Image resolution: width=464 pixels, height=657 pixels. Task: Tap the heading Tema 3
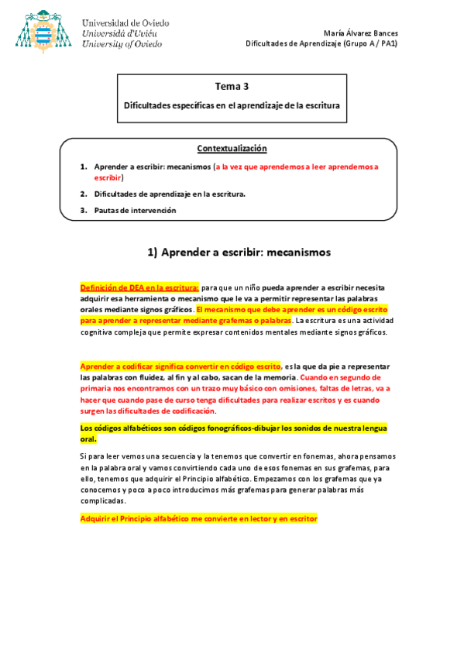coord(232,87)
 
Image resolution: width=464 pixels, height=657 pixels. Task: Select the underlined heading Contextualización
coord(232,148)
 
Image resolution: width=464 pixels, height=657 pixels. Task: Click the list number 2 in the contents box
coord(83,194)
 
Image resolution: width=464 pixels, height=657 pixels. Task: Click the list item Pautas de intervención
coord(135,210)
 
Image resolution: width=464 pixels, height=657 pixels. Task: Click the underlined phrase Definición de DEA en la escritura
coord(139,287)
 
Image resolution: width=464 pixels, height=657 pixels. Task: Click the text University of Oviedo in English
coord(122,44)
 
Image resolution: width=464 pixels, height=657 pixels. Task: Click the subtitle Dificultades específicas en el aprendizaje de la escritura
coord(232,105)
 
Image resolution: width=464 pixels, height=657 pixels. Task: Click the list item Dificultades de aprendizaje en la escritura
coord(170,194)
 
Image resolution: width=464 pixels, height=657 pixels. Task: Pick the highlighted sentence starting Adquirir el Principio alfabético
coord(199,518)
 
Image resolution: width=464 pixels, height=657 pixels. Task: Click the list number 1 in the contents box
coord(83,167)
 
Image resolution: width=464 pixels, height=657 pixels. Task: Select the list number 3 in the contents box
coord(83,210)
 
